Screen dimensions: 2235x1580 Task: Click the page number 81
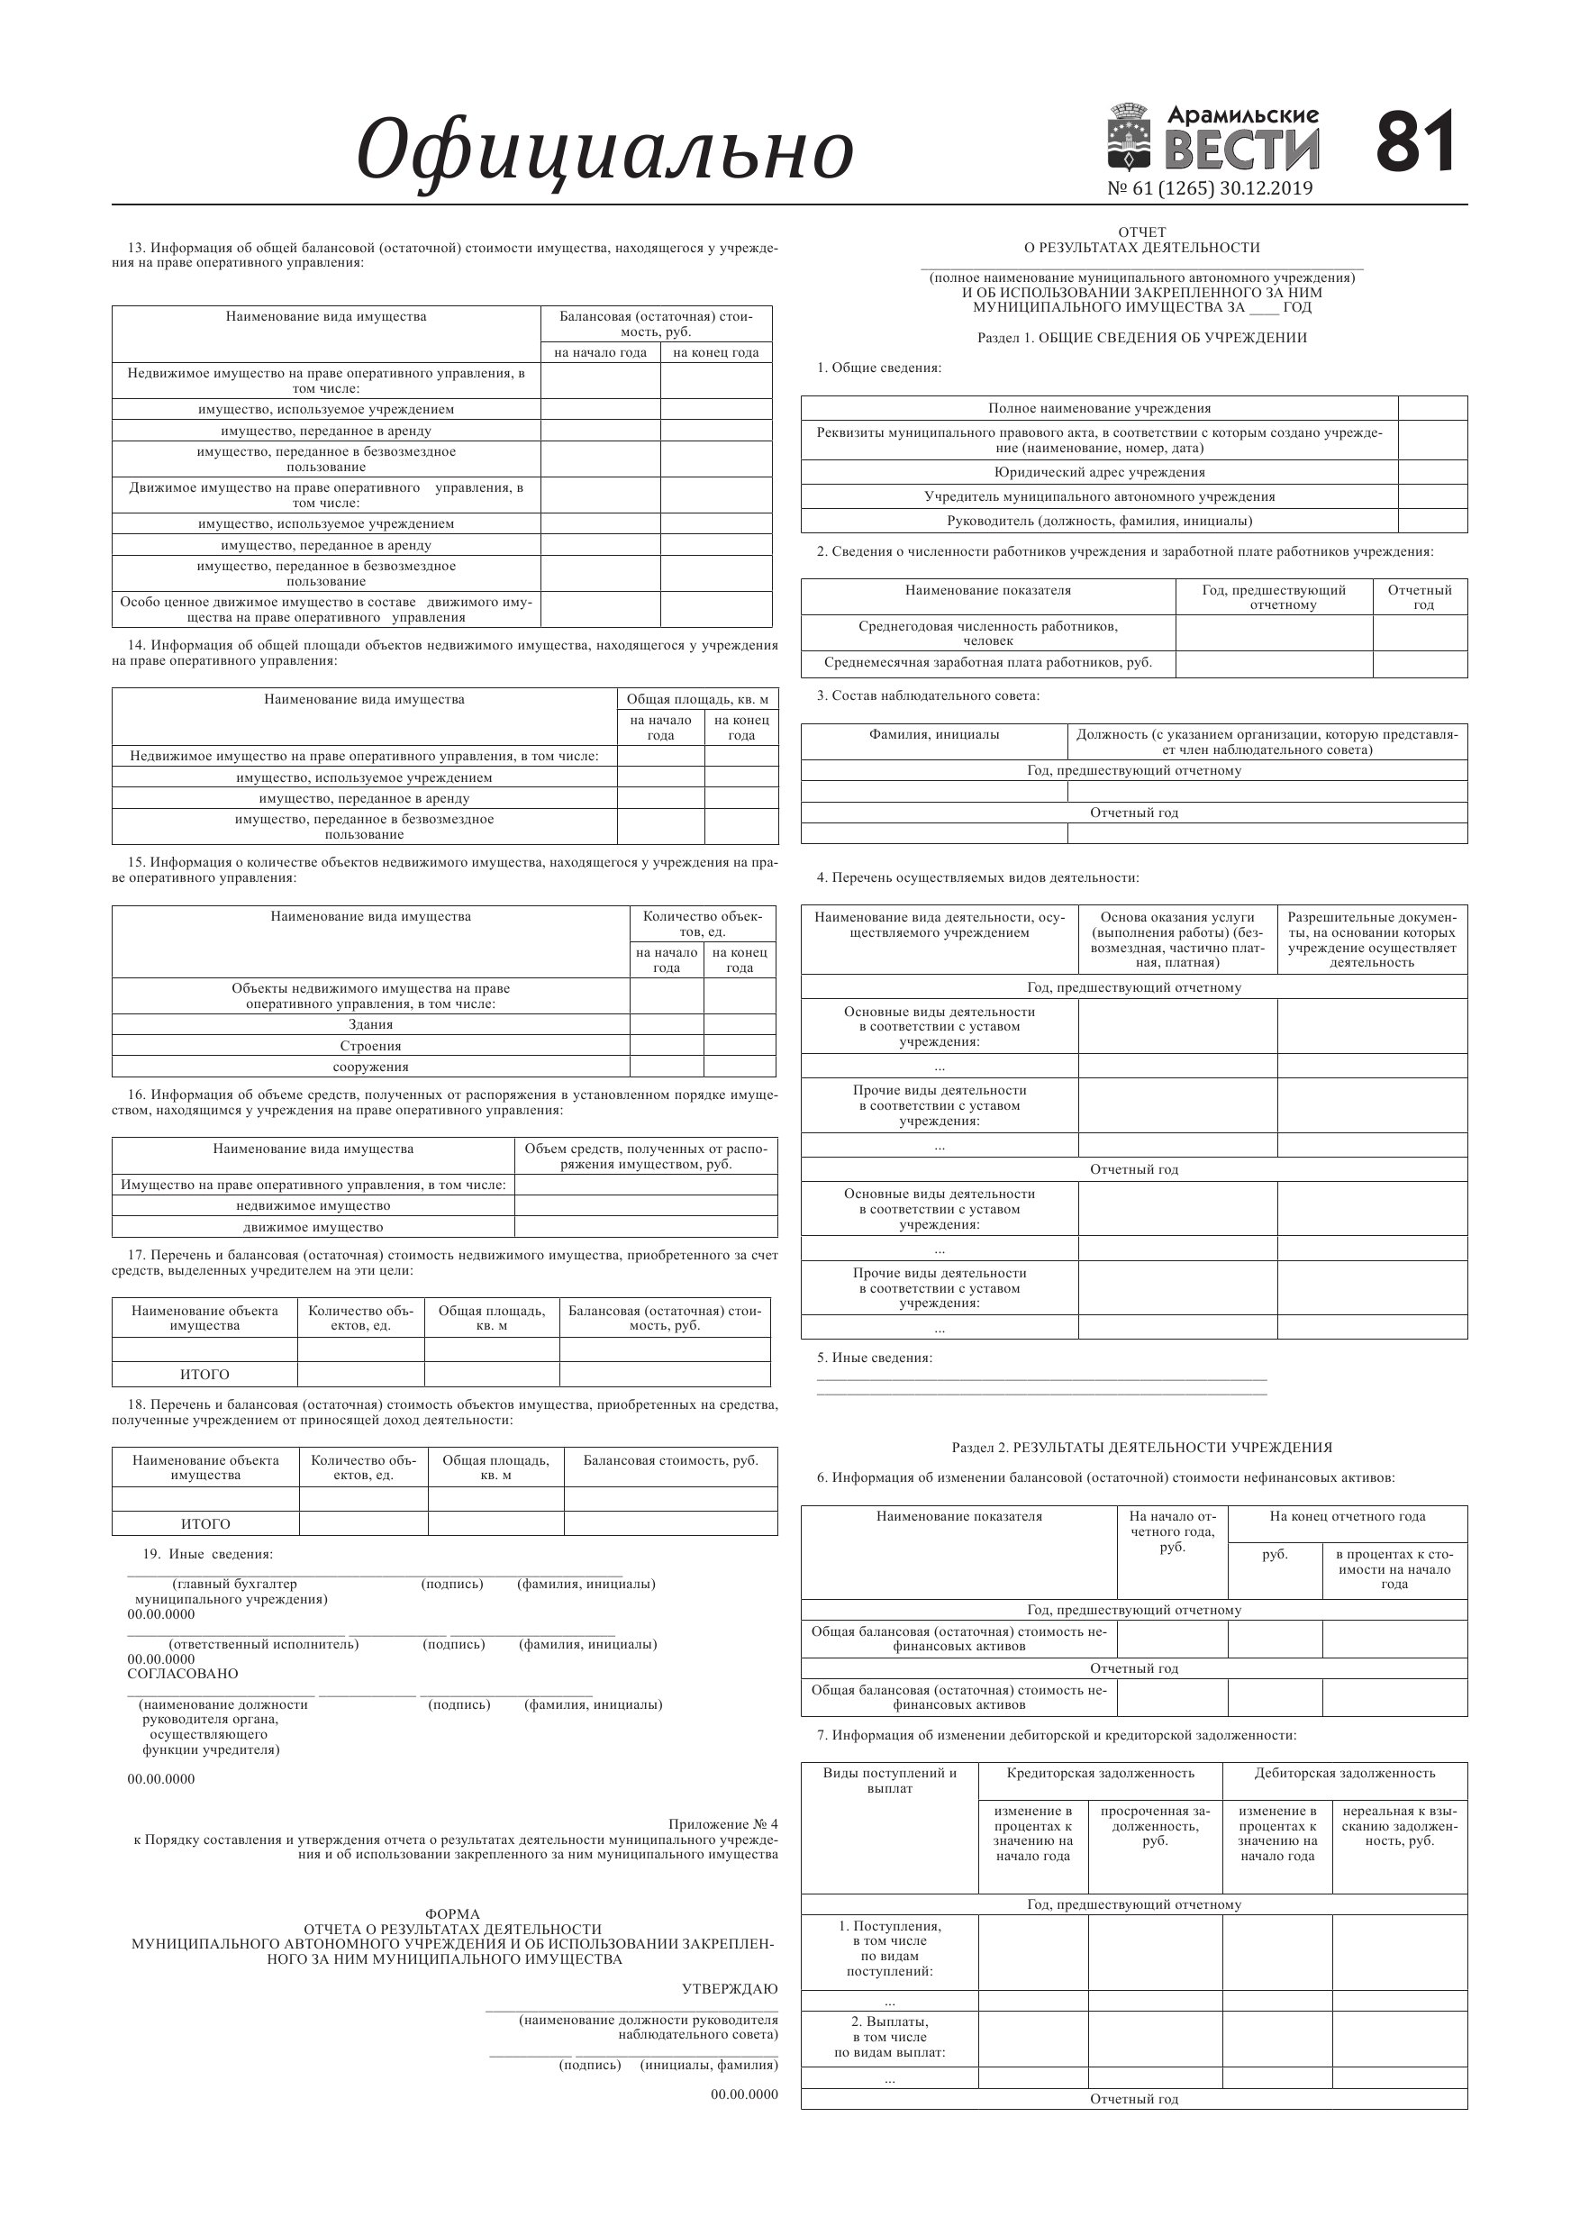(x=1415, y=142)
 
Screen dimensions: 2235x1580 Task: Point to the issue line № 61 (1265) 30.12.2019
(x=1209, y=188)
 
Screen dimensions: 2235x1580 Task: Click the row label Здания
(x=371, y=1024)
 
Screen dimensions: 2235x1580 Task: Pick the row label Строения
(x=371, y=1046)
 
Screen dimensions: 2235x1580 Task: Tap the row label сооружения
(x=371, y=1067)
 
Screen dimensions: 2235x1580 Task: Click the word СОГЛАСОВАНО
(x=183, y=1674)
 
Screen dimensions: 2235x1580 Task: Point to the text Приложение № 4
(x=723, y=1823)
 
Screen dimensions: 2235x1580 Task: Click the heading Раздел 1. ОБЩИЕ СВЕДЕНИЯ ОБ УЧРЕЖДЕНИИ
(x=1142, y=338)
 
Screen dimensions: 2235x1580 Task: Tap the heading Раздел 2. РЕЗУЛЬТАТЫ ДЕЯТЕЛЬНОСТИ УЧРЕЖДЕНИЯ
(x=1142, y=1448)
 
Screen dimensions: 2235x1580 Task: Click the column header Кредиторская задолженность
(x=1100, y=1773)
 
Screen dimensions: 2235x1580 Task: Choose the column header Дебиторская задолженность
(x=1344, y=1773)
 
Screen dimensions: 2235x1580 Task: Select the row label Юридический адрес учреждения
(x=1099, y=472)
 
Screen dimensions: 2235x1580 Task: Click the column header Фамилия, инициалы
(x=933, y=735)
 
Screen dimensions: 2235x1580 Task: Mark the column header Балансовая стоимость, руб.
(x=671, y=1460)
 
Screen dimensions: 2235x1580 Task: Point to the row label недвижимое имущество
(x=313, y=1205)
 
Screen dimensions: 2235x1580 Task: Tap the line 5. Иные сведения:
(x=874, y=1358)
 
